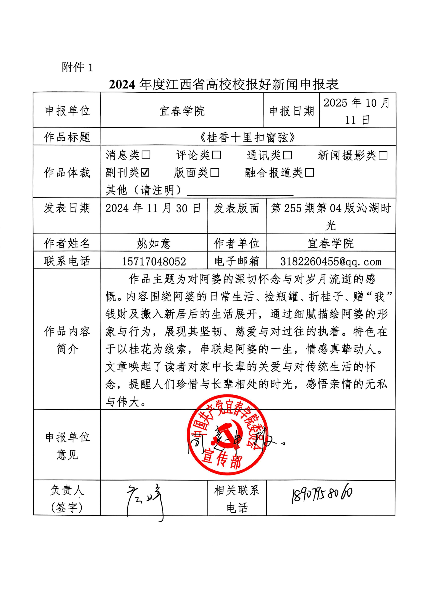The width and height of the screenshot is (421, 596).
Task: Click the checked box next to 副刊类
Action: (145, 172)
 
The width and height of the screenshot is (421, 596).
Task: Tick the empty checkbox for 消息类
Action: (146, 155)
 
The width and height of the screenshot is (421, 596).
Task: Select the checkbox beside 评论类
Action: (216, 155)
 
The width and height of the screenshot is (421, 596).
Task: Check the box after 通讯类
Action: (287, 155)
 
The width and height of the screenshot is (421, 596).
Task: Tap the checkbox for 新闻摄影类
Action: (383, 155)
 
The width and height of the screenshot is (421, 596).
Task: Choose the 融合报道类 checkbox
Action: (309, 172)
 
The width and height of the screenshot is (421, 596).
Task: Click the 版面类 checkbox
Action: (215, 172)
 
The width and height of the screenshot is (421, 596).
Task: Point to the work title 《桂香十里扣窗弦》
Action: (248, 137)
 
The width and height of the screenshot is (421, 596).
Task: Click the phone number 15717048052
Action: (154, 261)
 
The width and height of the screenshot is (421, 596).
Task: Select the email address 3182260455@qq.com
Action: (331, 261)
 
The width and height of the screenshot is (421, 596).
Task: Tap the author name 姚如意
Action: (154, 244)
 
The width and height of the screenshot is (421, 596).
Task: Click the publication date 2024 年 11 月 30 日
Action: (153, 208)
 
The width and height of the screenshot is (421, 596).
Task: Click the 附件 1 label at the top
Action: (77, 68)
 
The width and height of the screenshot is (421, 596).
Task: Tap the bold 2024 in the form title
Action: (122, 84)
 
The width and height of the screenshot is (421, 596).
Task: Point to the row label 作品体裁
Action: (67, 173)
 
